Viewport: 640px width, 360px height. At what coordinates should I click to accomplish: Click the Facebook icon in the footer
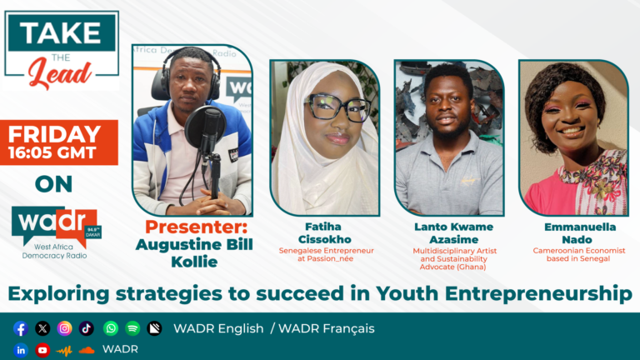click(x=20, y=328)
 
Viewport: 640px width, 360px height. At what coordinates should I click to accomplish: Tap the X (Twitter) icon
click(x=42, y=328)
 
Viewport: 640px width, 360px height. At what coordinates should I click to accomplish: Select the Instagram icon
click(x=64, y=328)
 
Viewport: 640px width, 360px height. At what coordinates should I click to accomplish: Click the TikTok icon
click(x=86, y=328)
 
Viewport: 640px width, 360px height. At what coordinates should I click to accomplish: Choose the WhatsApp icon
click(x=111, y=328)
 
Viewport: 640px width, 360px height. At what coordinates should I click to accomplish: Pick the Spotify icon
click(x=132, y=328)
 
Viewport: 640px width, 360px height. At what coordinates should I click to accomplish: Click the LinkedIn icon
click(x=20, y=350)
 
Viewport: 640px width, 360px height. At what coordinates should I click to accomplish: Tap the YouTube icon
click(x=42, y=350)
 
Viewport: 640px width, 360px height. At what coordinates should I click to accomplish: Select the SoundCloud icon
click(x=86, y=350)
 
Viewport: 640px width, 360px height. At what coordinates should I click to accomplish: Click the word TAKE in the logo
click(x=61, y=32)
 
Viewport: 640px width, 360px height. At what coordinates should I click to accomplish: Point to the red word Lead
click(x=60, y=73)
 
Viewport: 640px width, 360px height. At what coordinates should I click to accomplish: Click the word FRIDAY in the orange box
click(x=54, y=134)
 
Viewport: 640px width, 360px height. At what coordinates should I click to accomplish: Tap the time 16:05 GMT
click(x=52, y=152)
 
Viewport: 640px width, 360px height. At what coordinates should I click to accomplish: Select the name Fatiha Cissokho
click(x=324, y=233)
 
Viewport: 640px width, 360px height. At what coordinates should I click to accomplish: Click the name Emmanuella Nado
click(x=580, y=233)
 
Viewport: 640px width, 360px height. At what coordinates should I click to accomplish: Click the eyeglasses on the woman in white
click(x=337, y=107)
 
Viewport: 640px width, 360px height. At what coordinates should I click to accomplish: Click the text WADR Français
click(x=327, y=328)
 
